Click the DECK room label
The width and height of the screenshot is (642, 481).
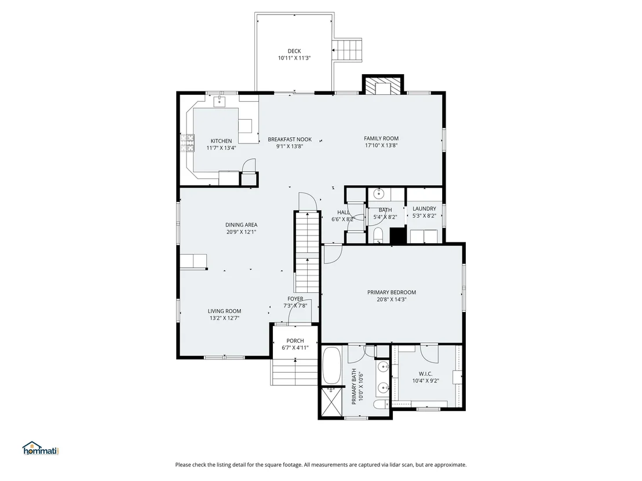tap(294, 51)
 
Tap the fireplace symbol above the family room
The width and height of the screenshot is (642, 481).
tap(383, 85)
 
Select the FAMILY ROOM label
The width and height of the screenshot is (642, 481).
tap(381, 139)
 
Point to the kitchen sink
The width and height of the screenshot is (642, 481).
tap(220, 101)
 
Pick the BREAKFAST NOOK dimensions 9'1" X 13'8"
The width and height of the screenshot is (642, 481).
tap(290, 146)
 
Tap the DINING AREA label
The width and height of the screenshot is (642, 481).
tap(241, 225)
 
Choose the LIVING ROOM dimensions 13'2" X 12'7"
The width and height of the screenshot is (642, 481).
tap(224, 318)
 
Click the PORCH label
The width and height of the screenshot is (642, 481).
tap(295, 341)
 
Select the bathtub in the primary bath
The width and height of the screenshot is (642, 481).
tap(331, 365)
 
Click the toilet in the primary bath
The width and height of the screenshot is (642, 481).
tap(381, 405)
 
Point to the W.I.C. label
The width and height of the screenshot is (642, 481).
tap(425, 374)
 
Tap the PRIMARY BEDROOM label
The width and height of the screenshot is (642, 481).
tap(392, 292)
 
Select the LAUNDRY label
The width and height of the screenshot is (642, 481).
tap(424, 208)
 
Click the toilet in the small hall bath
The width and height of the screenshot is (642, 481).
tap(378, 235)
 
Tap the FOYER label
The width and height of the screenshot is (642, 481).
tap(295, 299)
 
